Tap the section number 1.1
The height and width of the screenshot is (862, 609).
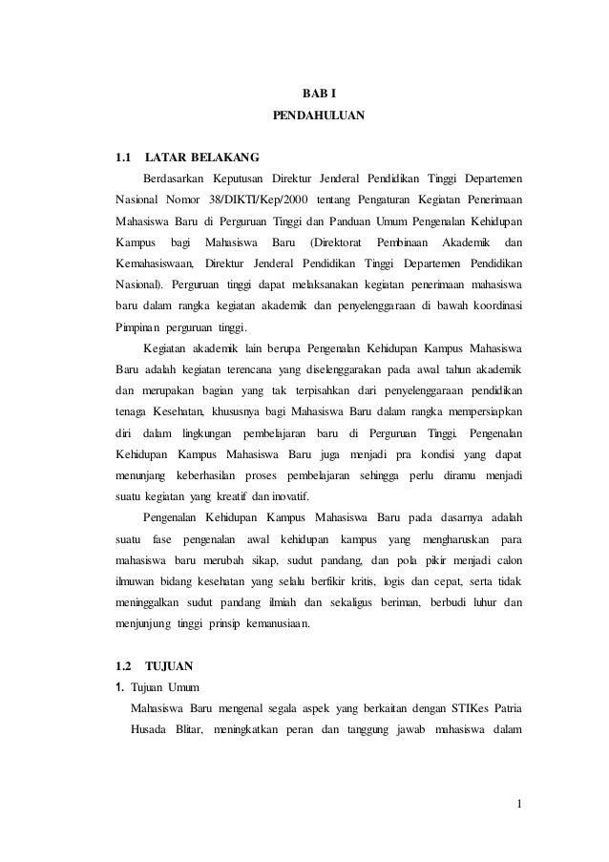[x=121, y=157]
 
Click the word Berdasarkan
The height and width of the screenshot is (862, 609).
[x=174, y=178]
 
